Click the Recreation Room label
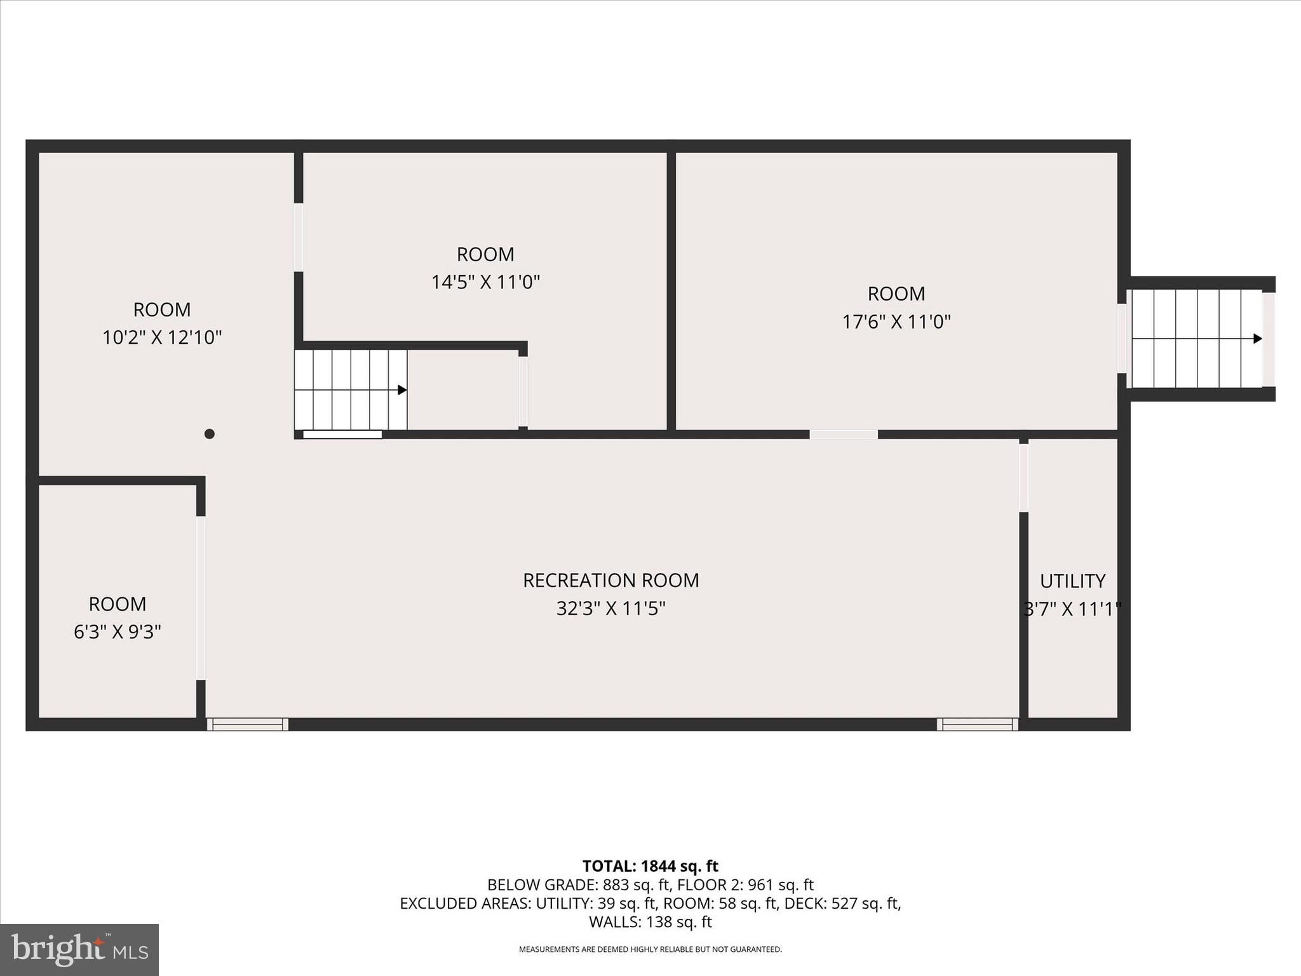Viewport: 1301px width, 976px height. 610,580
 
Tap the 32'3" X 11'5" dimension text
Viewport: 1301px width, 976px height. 610,609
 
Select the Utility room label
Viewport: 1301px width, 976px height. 1072,581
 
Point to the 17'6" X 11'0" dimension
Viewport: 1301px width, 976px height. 896,322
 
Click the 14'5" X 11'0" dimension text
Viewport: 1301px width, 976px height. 485,282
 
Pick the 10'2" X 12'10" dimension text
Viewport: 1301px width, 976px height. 162,337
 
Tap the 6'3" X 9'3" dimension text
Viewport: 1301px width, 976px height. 118,632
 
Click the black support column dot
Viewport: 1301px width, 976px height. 210,434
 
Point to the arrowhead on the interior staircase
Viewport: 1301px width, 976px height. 402,390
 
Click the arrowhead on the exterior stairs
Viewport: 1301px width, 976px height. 1257,339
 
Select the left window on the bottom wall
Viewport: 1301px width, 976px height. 248,724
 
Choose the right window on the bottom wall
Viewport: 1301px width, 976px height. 977,724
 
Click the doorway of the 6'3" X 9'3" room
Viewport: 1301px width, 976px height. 201,597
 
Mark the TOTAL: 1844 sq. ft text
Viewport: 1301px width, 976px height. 650,866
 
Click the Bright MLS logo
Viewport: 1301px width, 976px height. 79,949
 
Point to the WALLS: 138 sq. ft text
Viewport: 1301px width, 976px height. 650,922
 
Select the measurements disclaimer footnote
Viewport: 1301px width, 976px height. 650,949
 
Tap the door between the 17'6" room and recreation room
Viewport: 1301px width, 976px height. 844,435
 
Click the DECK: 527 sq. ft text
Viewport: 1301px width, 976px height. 866,904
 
